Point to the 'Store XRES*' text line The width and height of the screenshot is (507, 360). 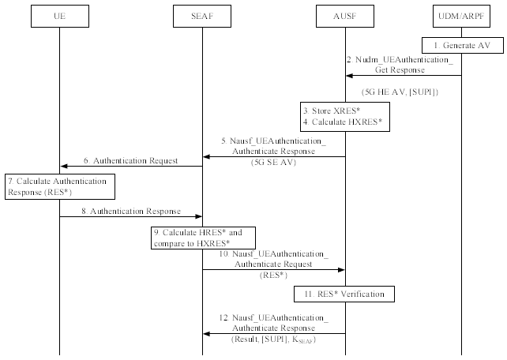click(332, 111)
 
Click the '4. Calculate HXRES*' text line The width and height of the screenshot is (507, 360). click(343, 122)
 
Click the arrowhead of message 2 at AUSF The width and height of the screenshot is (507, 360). click(349, 76)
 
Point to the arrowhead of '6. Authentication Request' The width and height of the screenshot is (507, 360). click(64, 166)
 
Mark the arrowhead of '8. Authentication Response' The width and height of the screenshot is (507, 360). click(198, 216)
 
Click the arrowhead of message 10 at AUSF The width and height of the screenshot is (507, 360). click(341, 269)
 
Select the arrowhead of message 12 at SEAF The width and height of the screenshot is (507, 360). click(206, 333)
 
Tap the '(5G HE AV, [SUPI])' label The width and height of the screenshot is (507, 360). click(400, 92)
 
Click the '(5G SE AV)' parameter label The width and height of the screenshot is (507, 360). click(273, 162)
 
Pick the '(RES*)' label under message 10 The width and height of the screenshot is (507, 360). click(273, 275)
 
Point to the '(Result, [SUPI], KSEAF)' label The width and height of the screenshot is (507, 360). click(273, 339)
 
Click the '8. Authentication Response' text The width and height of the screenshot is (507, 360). click(131, 211)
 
